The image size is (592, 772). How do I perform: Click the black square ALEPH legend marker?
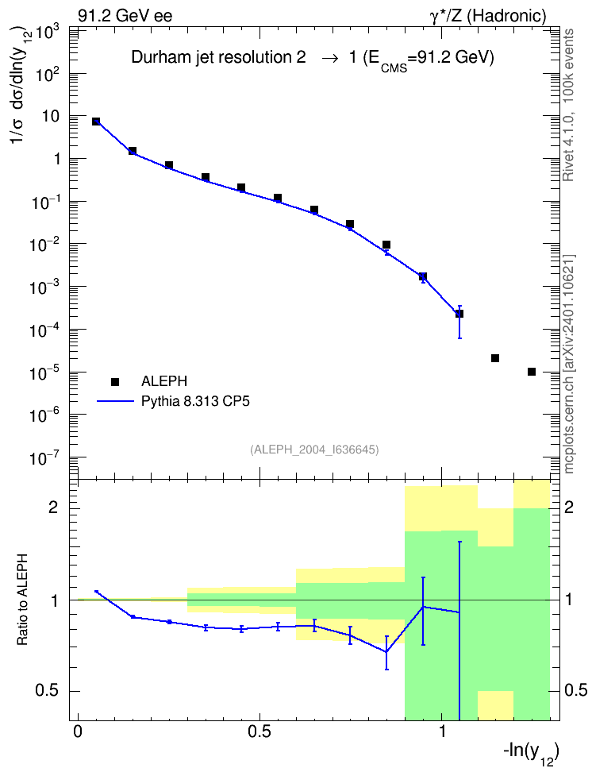pos(115,381)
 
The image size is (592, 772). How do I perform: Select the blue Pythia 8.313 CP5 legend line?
pos(115,401)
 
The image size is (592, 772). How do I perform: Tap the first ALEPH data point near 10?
pos(96,121)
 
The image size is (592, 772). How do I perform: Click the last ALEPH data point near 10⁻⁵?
pos(532,372)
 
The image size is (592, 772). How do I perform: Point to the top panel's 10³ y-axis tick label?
pos(48,33)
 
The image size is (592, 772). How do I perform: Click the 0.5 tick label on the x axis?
pos(259,731)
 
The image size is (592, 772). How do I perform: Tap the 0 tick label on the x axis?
pos(78,731)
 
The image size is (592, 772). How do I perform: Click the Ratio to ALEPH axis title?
pos(23,600)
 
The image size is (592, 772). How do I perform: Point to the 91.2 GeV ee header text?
pos(125,16)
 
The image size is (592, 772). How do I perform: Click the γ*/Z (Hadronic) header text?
pos(488,16)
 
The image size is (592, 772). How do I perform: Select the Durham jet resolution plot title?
pos(313,59)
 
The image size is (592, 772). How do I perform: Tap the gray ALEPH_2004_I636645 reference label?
pos(314,450)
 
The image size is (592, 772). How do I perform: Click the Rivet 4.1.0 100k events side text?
pos(568,105)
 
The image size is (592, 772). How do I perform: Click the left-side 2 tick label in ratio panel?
pos(52,507)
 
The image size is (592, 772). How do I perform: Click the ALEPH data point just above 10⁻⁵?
pos(495,358)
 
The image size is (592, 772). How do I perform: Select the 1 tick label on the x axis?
pos(442,731)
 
